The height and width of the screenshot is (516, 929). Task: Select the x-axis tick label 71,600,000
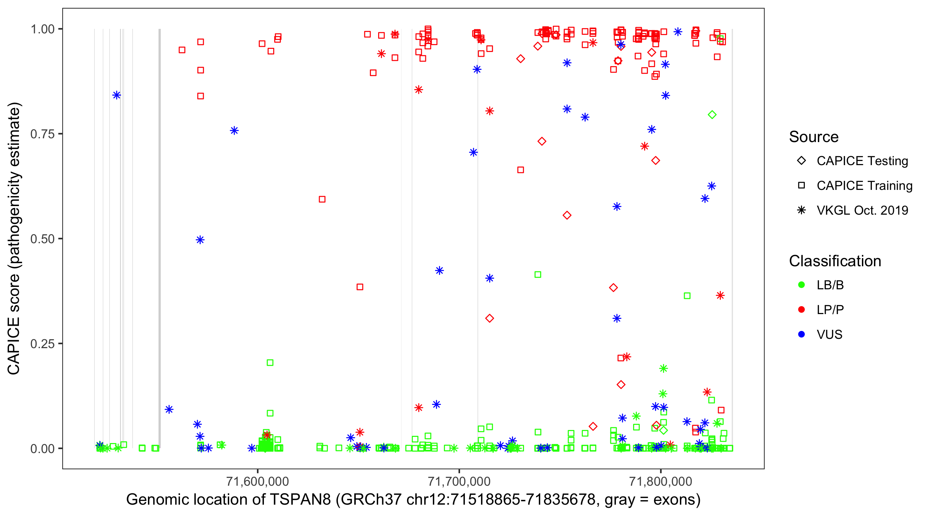click(x=257, y=481)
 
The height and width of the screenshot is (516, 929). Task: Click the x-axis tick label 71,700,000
click(x=459, y=481)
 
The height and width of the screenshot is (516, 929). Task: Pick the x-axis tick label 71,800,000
click(x=660, y=481)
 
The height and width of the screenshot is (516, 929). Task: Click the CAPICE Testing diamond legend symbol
click(x=801, y=161)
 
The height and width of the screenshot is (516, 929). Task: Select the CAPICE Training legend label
click(x=864, y=186)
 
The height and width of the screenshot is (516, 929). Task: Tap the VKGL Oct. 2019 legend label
click(x=862, y=210)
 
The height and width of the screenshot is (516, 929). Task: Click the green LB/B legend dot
click(x=801, y=285)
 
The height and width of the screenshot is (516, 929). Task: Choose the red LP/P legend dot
click(x=801, y=310)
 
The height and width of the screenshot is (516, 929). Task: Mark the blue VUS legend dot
click(x=801, y=334)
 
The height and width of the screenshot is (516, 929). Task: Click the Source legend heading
click(x=813, y=137)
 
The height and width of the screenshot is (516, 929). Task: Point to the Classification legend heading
click(x=834, y=261)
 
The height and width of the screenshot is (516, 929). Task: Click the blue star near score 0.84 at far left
click(x=117, y=95)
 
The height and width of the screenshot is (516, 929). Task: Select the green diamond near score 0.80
click(x=712, y=115)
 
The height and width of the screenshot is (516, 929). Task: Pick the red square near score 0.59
click(x=322, y=200)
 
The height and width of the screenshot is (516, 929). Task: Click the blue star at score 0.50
click(x=200, y=240)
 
